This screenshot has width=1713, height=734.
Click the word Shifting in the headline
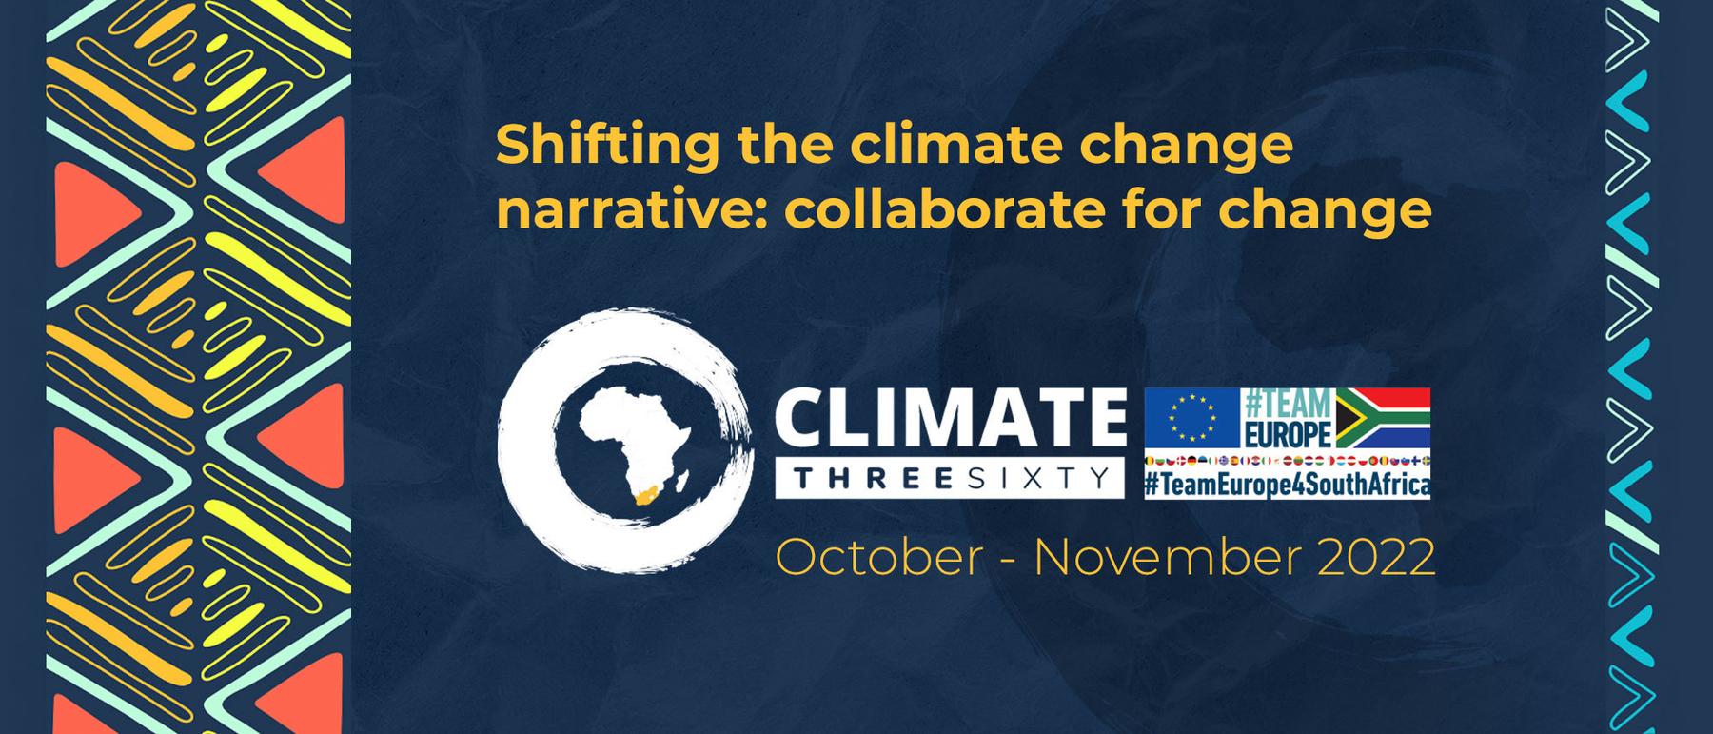(x=607, y=146)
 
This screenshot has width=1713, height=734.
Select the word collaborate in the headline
(x=943, y=210)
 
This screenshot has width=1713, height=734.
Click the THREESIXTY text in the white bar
(x=952, y=479)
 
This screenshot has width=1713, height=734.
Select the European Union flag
(x=1192, y=417)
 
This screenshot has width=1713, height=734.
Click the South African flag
(x=1383, y=417)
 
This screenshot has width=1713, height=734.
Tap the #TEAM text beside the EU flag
(x=1288, y=403)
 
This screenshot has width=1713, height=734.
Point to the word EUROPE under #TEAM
(x=1288, y=435)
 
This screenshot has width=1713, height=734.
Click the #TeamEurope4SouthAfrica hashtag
(x=1287, y=485)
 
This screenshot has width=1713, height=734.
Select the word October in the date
(x=878, y=557)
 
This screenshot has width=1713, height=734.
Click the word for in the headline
(x=1160, y=210)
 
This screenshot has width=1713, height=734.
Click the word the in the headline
(x=785, y=146)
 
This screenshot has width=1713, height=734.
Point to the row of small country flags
(x=1287, y=462)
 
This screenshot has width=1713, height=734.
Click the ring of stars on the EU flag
(x=1192, y=418)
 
